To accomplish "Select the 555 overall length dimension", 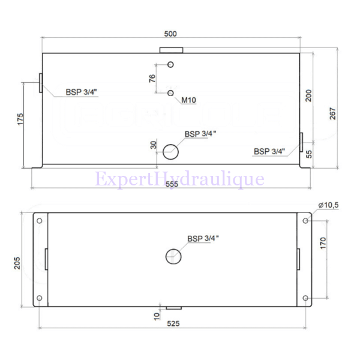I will (172, 184).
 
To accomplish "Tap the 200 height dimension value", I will (308, 97).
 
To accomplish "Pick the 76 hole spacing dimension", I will (152, 79).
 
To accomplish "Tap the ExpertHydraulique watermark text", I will (179, 179).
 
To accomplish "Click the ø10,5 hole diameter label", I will (328, 205).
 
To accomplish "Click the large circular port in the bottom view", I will (173, 257).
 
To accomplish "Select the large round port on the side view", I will (170, 151).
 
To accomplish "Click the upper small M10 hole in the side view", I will (171, 65).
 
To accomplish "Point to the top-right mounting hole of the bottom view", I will (306, 221).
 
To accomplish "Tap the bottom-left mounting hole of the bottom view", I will (40, 298).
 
